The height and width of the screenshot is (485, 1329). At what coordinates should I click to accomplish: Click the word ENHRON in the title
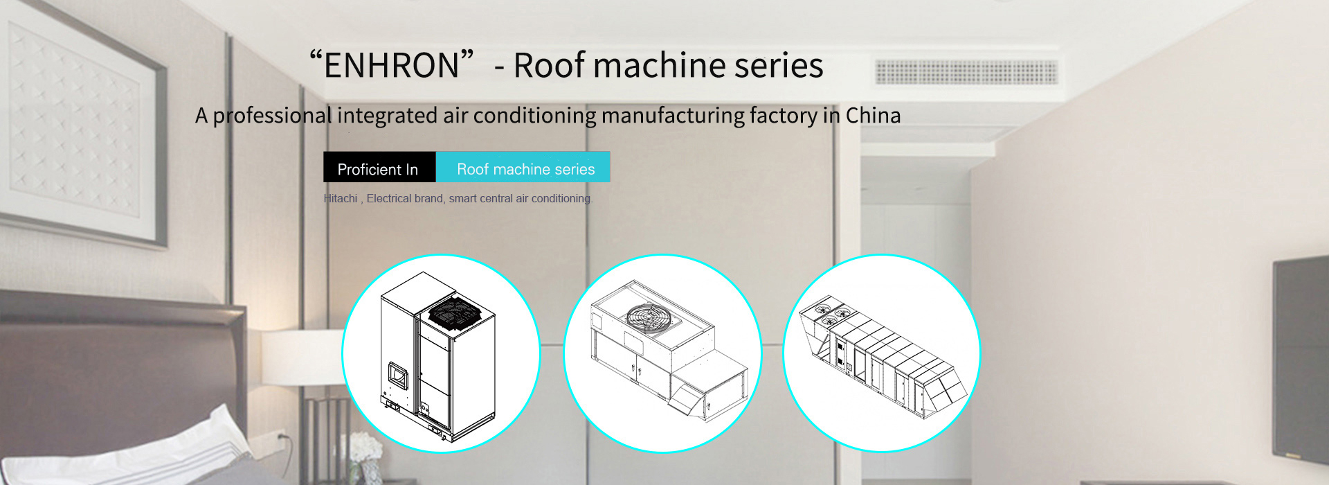coord(392,66)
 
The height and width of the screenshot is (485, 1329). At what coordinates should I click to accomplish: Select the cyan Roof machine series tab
coord(523,167)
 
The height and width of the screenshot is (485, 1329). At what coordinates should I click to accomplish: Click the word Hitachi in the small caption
coord(341,199)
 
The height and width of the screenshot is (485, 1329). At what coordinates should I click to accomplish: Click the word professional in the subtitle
coord(272,116)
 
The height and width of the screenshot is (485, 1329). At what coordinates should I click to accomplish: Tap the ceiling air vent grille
coord(966,72)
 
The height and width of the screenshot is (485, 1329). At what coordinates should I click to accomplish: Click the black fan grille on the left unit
coord(455,312)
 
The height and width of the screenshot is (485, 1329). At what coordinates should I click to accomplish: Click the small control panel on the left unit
coord(398,374)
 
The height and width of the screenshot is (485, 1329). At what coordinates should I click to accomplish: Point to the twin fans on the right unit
coord(830,313)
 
